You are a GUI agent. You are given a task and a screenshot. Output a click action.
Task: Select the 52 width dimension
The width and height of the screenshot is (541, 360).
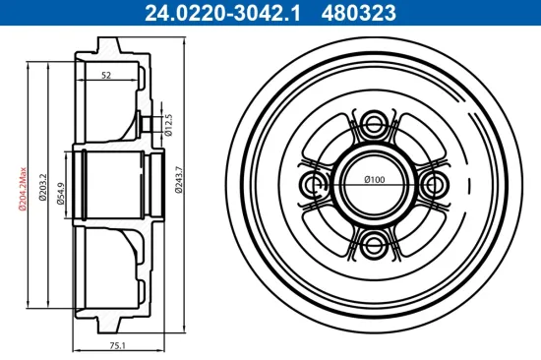(105, 75)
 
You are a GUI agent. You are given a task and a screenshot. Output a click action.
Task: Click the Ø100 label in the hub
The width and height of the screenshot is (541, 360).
(374, 178)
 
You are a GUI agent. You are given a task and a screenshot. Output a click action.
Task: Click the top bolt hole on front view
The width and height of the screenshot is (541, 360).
(374, 124)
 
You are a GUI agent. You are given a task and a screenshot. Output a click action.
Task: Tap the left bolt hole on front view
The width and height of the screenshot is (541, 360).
(315, 184)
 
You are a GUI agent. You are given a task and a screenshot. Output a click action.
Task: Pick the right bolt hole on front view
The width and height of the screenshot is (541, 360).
(434, 184)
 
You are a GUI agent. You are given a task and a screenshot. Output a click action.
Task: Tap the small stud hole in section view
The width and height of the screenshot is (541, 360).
(150, 123)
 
